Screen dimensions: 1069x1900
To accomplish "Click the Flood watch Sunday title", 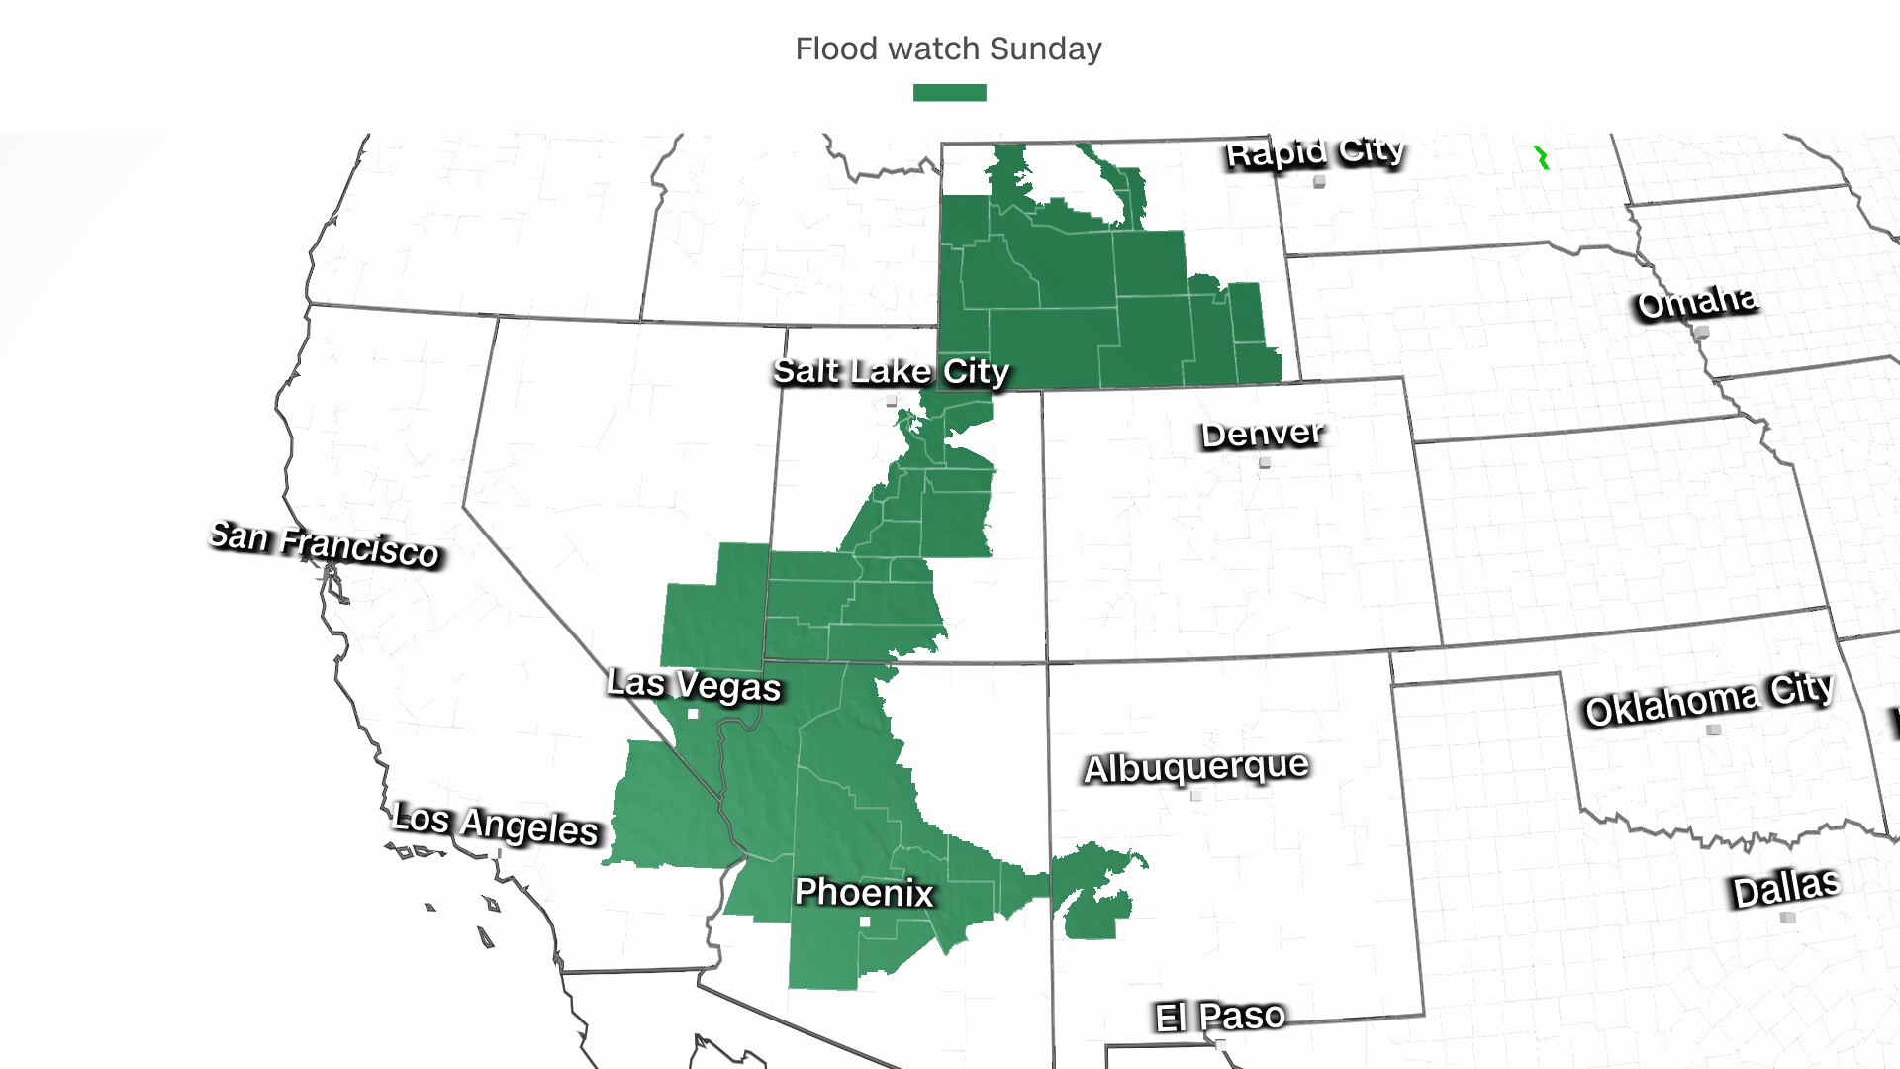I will (x=948, y=49).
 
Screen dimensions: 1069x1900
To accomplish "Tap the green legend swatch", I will (x=949, y=92).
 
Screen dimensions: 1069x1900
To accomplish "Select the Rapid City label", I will (x=1314, y=152).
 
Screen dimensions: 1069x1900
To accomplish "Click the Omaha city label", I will (x=1696, y=302).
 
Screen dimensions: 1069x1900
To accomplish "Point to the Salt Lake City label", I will (x=891, y=371).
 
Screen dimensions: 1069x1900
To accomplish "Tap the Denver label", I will (x=1262, y=434).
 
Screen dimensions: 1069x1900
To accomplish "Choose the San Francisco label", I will (x=325, y=544).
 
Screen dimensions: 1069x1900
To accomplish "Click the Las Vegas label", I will (x=694, y=684).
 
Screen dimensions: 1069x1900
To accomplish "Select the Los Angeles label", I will (x=495, y=824).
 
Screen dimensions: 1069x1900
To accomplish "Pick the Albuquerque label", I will (x=1195, y=767).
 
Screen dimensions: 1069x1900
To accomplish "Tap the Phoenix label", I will (x=864, y=892).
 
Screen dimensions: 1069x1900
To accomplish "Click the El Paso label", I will (x=1219, y=1016).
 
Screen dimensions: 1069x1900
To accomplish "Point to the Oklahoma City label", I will (x=1709, y=699).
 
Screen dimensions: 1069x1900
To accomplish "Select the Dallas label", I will (x=1785, y=888).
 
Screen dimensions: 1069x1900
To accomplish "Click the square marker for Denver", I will (x=1265, y=462).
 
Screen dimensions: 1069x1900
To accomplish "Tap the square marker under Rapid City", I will (x=1319, y=182).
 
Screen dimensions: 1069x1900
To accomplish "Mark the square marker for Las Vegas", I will (x=693, y=714).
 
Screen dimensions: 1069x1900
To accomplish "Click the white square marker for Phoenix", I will (x=865, y=922).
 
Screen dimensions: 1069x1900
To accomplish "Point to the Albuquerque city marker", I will (x=1196, y=796).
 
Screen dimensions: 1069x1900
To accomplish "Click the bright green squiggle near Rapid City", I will (x=1542, y=158).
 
